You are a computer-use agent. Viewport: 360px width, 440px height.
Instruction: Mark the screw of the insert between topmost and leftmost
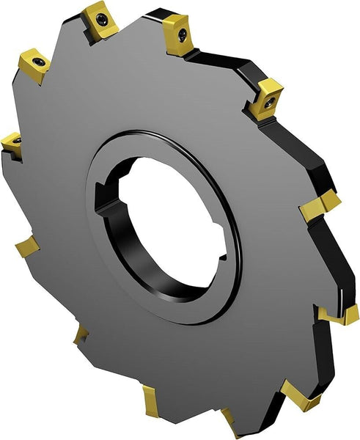(38, 64)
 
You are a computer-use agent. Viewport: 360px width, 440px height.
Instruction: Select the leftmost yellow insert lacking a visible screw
(26, 245)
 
